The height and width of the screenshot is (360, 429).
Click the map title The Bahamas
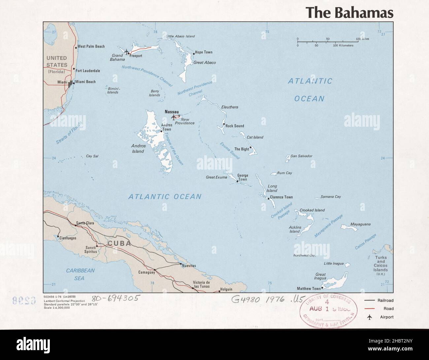coord(349,12)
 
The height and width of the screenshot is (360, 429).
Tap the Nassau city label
coord(172,112)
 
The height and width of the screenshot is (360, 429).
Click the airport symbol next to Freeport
coord(127,51)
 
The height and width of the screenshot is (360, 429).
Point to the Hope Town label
coord(204,52)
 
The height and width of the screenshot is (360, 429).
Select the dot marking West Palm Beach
coord(76,48)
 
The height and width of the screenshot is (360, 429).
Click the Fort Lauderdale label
coord(88,71)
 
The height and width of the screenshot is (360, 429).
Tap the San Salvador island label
coord(301,156)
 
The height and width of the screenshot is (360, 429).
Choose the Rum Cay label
coord(284,173)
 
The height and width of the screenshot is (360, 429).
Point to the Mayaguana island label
coord(360,224)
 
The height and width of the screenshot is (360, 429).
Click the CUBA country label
coord(119,244)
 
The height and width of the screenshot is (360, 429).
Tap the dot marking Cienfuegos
coord(58,236)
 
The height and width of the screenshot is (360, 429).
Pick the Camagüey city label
coord(147,273)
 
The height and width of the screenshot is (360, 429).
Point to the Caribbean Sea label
coord(80,274)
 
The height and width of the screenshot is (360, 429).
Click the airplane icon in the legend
coord(369,317)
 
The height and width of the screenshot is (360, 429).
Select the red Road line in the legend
coord(369,309)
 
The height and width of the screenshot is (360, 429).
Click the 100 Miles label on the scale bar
coord(362,39)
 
